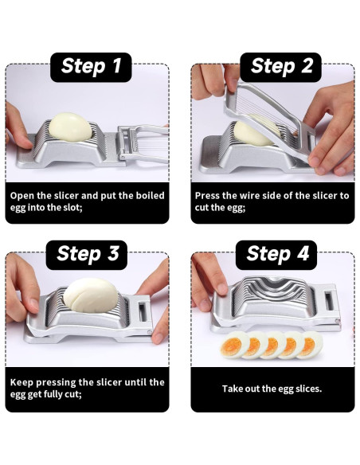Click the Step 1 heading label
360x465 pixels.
click(91, 68)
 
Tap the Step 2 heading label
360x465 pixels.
click(281, 68)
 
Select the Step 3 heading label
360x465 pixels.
click(87, 255)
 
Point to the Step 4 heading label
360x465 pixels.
click(276, 255)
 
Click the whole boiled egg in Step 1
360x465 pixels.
click(70, 127)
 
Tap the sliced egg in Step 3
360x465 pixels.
click(91, 295)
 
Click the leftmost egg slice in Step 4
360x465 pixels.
click(235, 345)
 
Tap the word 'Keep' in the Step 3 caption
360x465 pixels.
click(22, 382)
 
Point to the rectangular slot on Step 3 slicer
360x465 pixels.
click(143, 312)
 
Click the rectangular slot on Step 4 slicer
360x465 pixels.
click(329, 301)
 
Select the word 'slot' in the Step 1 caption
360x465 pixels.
click(71, 207)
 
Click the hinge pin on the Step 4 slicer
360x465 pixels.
click(337, 322)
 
